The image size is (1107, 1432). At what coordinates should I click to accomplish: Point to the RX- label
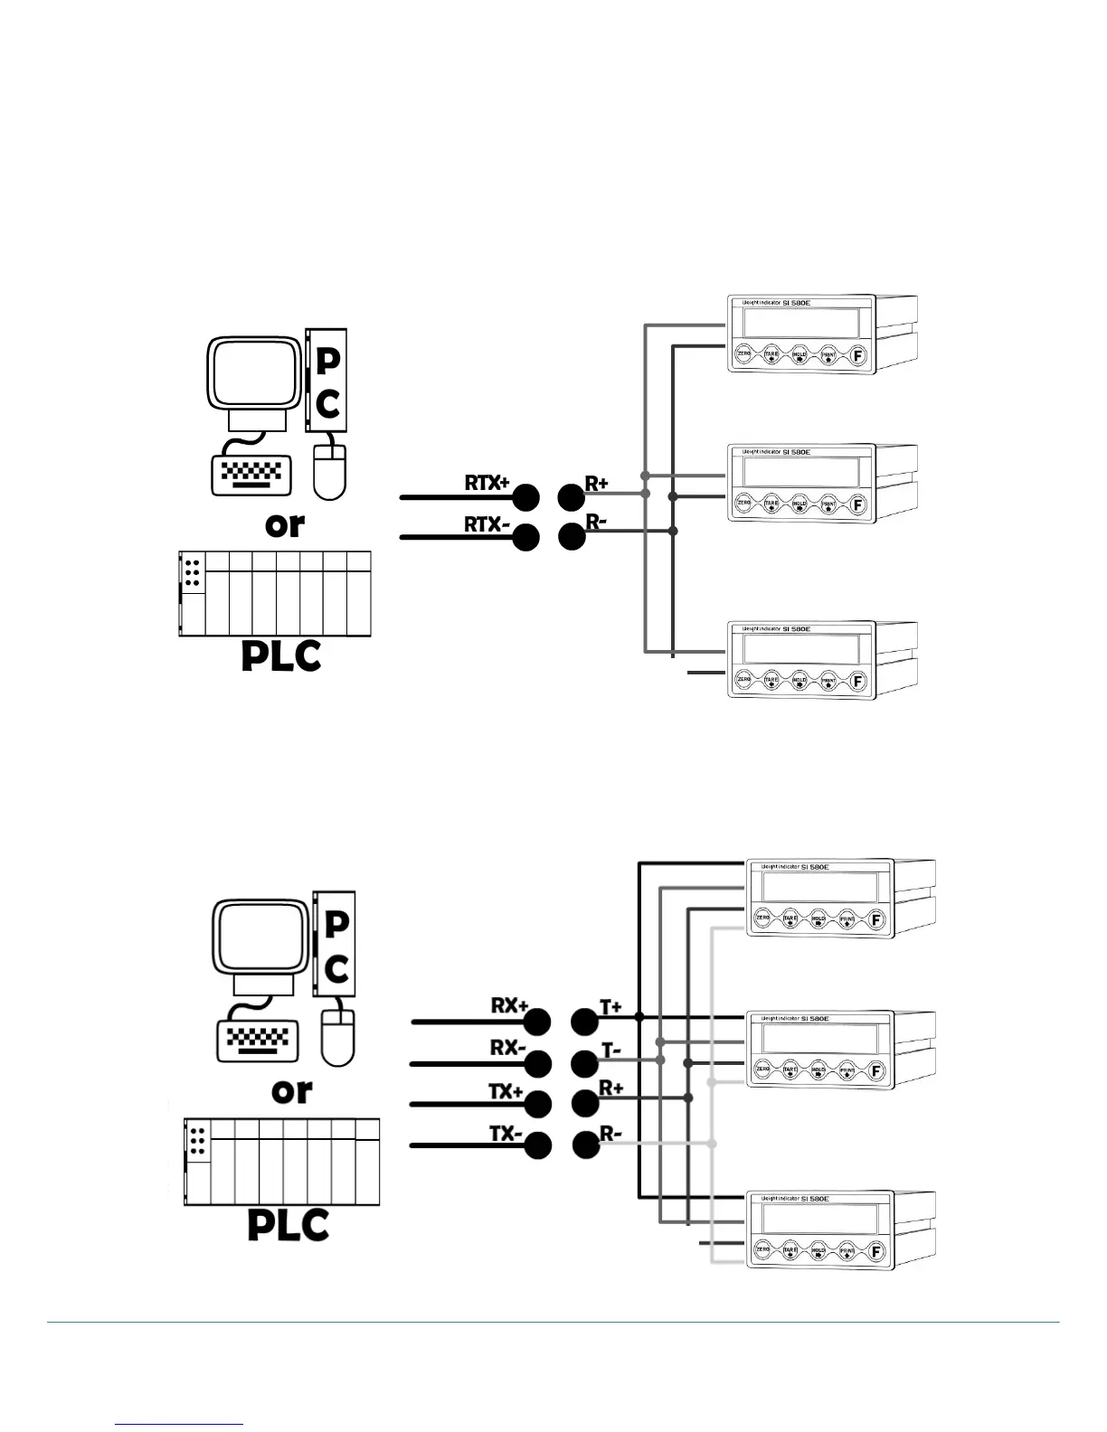508,1048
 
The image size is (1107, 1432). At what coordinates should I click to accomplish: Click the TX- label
506,1133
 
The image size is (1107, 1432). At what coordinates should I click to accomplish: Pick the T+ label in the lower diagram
611,1007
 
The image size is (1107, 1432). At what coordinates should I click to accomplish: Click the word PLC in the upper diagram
280,656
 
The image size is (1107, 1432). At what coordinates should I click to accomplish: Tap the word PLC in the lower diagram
288,1226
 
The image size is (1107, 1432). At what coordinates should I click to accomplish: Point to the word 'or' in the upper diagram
284,523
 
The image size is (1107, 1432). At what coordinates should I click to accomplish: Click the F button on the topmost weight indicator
858,355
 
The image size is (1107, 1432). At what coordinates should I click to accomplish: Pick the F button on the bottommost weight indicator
875,1252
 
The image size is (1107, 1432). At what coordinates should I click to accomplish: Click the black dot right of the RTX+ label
525,496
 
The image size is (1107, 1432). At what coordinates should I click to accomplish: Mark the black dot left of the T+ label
585,1022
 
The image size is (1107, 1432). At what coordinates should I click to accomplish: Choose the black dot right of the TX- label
538,1145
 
